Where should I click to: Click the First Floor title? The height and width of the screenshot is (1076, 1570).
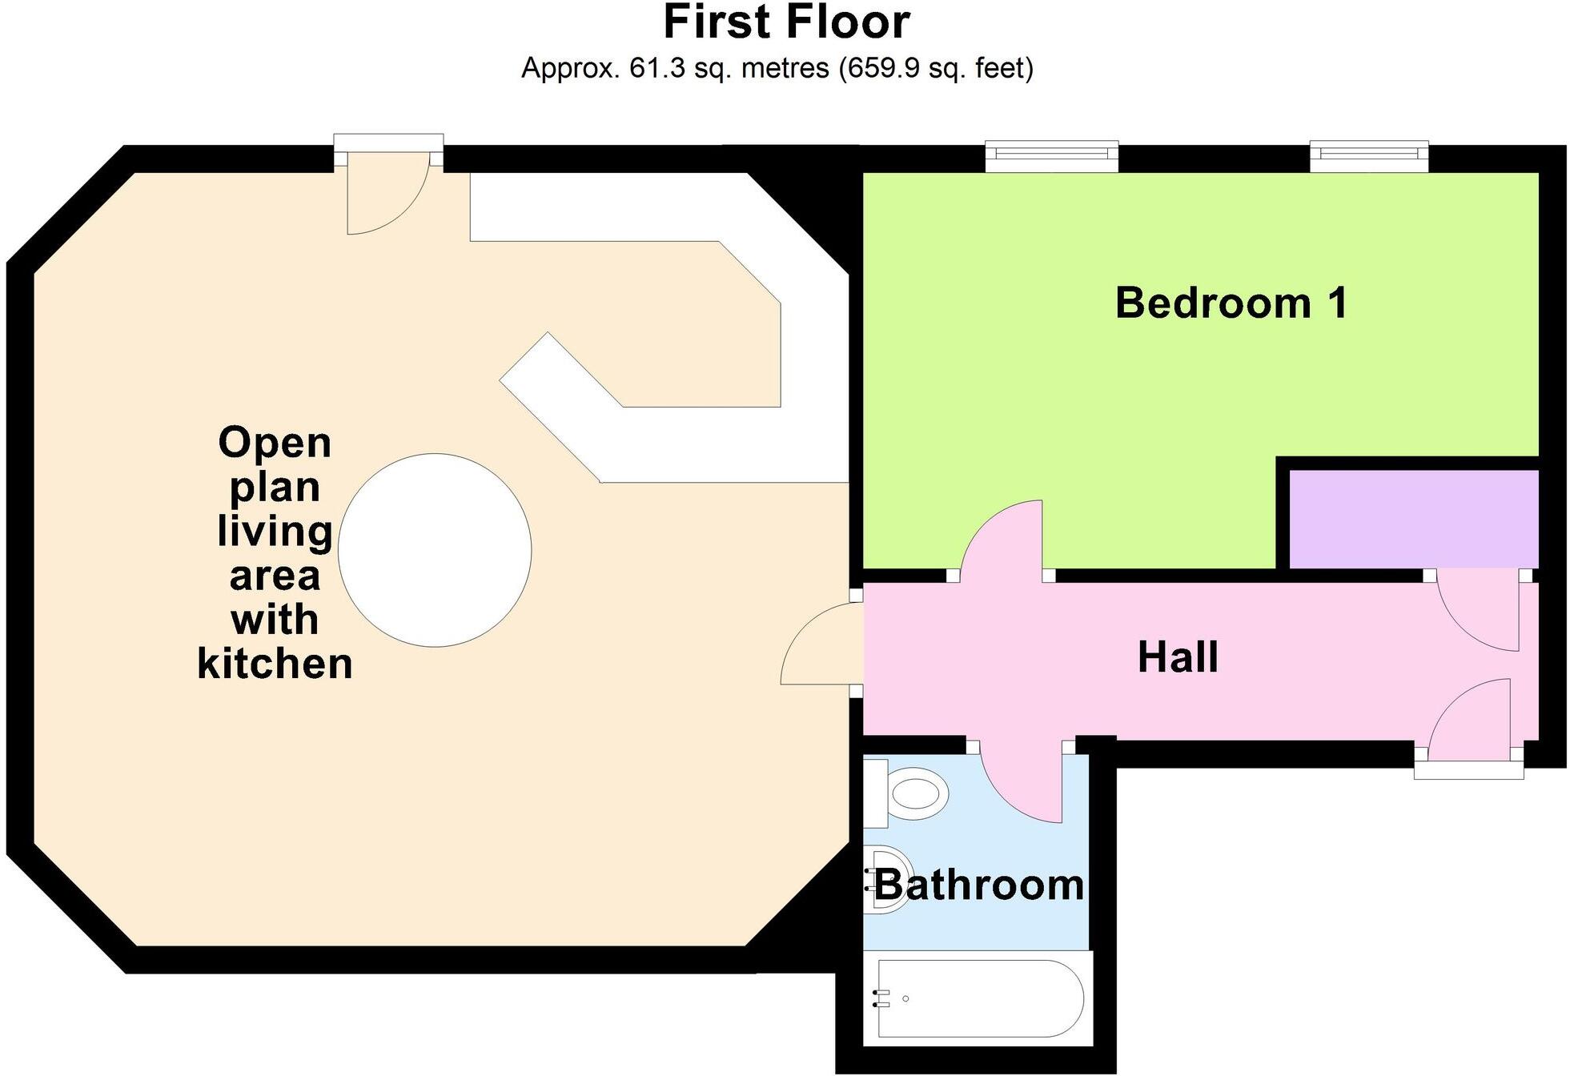786,22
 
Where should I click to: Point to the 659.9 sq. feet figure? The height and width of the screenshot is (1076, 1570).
936,68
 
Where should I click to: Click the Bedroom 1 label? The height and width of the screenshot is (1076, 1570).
1231,303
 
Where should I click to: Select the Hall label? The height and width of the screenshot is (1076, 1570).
1177,657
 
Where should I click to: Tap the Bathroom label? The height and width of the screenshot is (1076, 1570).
978,885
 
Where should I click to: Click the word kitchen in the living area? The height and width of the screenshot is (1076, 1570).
275,664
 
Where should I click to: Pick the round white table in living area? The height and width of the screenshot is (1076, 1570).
435,550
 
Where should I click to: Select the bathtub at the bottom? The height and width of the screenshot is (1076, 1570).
978,998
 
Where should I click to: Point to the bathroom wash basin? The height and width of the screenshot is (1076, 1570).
889,879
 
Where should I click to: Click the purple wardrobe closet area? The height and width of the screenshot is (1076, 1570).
1413,519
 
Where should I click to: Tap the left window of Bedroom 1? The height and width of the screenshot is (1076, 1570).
1051,156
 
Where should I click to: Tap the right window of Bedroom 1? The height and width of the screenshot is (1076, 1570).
1368,156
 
